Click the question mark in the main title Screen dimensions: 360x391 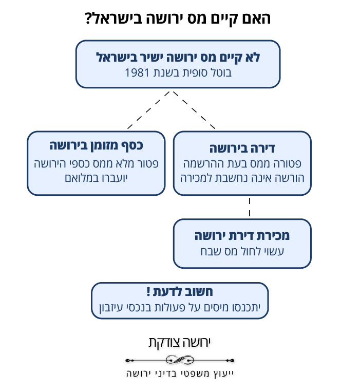(x=89, y=19)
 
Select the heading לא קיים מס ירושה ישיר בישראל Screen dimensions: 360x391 (x=178, y=58)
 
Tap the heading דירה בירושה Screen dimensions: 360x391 (x=242, y=148)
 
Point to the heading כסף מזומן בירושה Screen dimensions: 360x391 (x=96, y=145)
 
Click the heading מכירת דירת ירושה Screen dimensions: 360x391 (x=242, y=236)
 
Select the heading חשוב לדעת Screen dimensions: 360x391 (x=183, y=291)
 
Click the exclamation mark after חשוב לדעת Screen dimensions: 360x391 (x=148, y=291)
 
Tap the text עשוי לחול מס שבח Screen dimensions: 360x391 (x=242, y=251)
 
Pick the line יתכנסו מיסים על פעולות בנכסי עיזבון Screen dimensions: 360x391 (x=180, y=307)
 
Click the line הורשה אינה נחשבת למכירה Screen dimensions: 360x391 (x=242, y=178)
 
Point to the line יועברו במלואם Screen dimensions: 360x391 (x=96, y=178)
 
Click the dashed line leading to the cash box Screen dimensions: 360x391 (x=148, y=110)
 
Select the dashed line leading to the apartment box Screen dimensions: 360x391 (x=194, y=110)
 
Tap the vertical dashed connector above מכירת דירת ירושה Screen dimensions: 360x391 (x=250, y=207)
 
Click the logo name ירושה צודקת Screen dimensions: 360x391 (x=180, y=342)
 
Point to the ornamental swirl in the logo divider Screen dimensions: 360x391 (x=180, y=360)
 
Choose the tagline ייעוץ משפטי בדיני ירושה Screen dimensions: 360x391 (x=180, y=374)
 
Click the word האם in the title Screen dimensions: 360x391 (x=256, y=18)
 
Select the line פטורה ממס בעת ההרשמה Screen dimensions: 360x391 (x=242, y=164)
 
